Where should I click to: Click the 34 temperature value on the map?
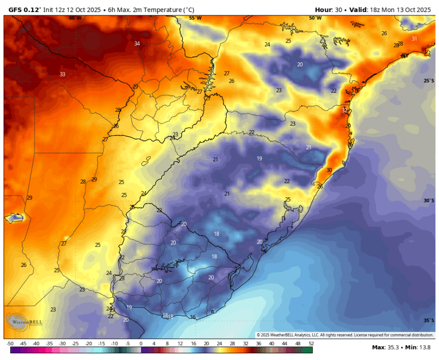coord(137,44)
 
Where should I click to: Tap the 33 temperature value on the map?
coord(62,74)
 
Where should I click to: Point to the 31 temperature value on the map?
coord(414,39)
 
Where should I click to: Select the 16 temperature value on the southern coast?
coord(193,317)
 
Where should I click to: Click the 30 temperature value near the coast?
coord(329,170)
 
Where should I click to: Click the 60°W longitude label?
coord(75,18)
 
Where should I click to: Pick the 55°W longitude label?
coord(195,18)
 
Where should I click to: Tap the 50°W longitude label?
coord(315,18)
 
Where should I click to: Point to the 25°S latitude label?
coord(429,81)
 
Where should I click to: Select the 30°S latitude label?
coord(429,201)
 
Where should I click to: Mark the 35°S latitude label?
coord(429,320)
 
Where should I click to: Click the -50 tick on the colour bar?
coord(10,344)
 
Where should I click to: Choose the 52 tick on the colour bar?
coord(311,344)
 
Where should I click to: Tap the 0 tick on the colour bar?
coord(141,344)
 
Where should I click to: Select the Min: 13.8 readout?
coord(415,347)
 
